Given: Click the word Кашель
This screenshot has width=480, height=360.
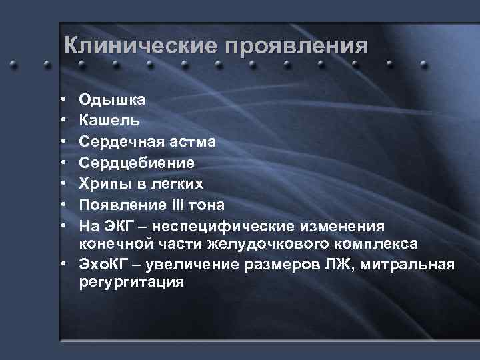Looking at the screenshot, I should tap(109, 121).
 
